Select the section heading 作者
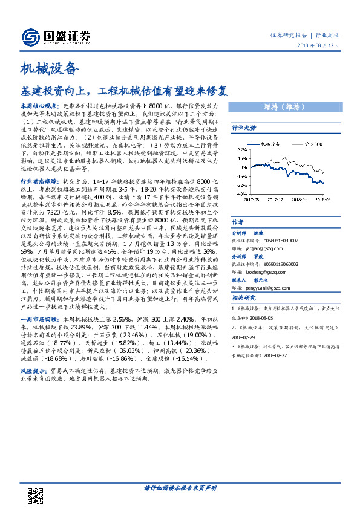(238, 222)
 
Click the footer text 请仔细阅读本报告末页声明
(180, 487)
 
